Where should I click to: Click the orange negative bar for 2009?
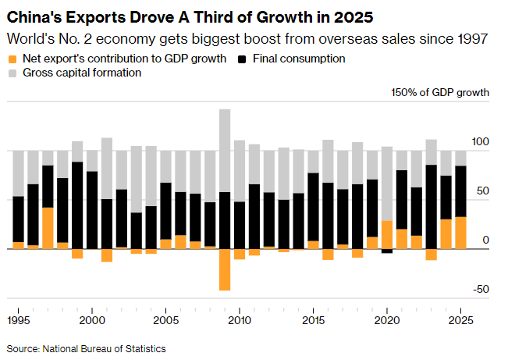[x=225, y=269]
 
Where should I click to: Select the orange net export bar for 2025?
[x=460, y=233]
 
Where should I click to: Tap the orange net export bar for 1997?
[x=48, y=228]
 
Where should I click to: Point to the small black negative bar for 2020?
[x=387, y=251]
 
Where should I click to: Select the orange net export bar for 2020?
[x=387, y=234]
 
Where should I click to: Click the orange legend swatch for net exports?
[x=12, y=59]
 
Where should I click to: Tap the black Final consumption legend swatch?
[x=243, y=59]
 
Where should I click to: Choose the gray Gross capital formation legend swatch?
[x=12, y=73]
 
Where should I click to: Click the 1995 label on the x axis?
[x=19, y=320]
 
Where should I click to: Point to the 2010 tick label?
[x=240, y=320]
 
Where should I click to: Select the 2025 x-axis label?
[x=460, y=320]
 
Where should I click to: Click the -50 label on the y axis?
[x=480, y=289]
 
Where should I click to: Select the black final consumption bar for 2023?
[x=431, y=207]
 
